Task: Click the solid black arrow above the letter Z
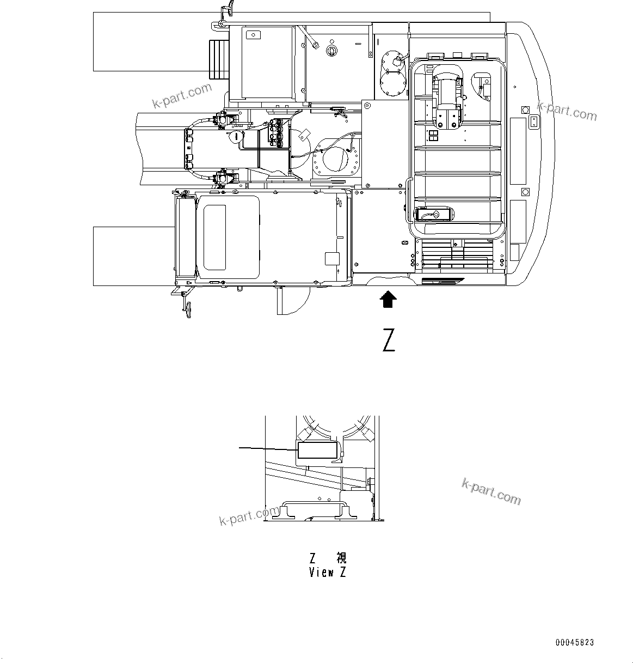point(388,300)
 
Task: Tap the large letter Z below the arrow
point(389,340)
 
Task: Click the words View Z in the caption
point(327,573)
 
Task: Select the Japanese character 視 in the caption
point(341,558)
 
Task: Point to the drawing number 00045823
point(575,643)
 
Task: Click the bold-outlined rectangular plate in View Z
point(317,451)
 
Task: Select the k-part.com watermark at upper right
point(567,111)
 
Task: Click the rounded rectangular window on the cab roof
point(214,237)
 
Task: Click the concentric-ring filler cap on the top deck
point(330,50)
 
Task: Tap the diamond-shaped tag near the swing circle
point(305,133)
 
